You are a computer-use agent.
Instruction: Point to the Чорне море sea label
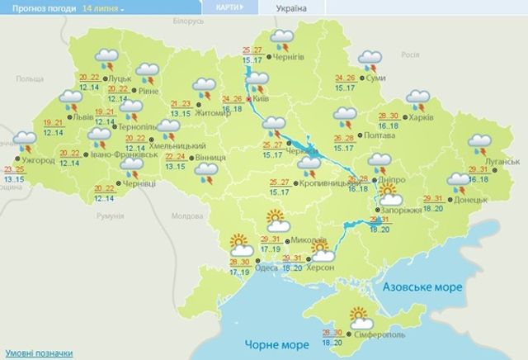(272, 343)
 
